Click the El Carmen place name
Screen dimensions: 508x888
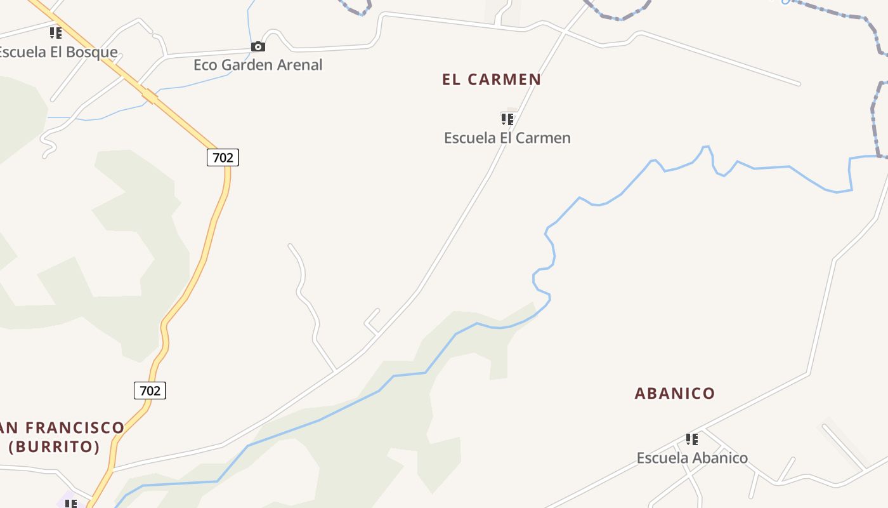click(x=492, y=79)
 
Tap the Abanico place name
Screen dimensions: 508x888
click(x=674, y=393)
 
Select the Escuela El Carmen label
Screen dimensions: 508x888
click(x=507, y=138)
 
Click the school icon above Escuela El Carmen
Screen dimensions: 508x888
click(x=507, y=119)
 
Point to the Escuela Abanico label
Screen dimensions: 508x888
click(x=692, y=458)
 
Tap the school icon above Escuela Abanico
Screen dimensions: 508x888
click(x=692, y=439)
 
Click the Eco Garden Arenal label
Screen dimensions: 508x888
click(x=258, y=65)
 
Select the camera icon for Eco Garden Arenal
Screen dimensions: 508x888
click(x=258, y=47)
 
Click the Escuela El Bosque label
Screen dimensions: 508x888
click(x=58, y=52)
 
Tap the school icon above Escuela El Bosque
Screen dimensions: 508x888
click(x=56, y=32)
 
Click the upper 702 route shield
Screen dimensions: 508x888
click(x=223, y=157)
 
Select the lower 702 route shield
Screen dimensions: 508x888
click(x=150, y=391)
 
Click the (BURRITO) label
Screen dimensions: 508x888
click(x=54, y=446)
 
